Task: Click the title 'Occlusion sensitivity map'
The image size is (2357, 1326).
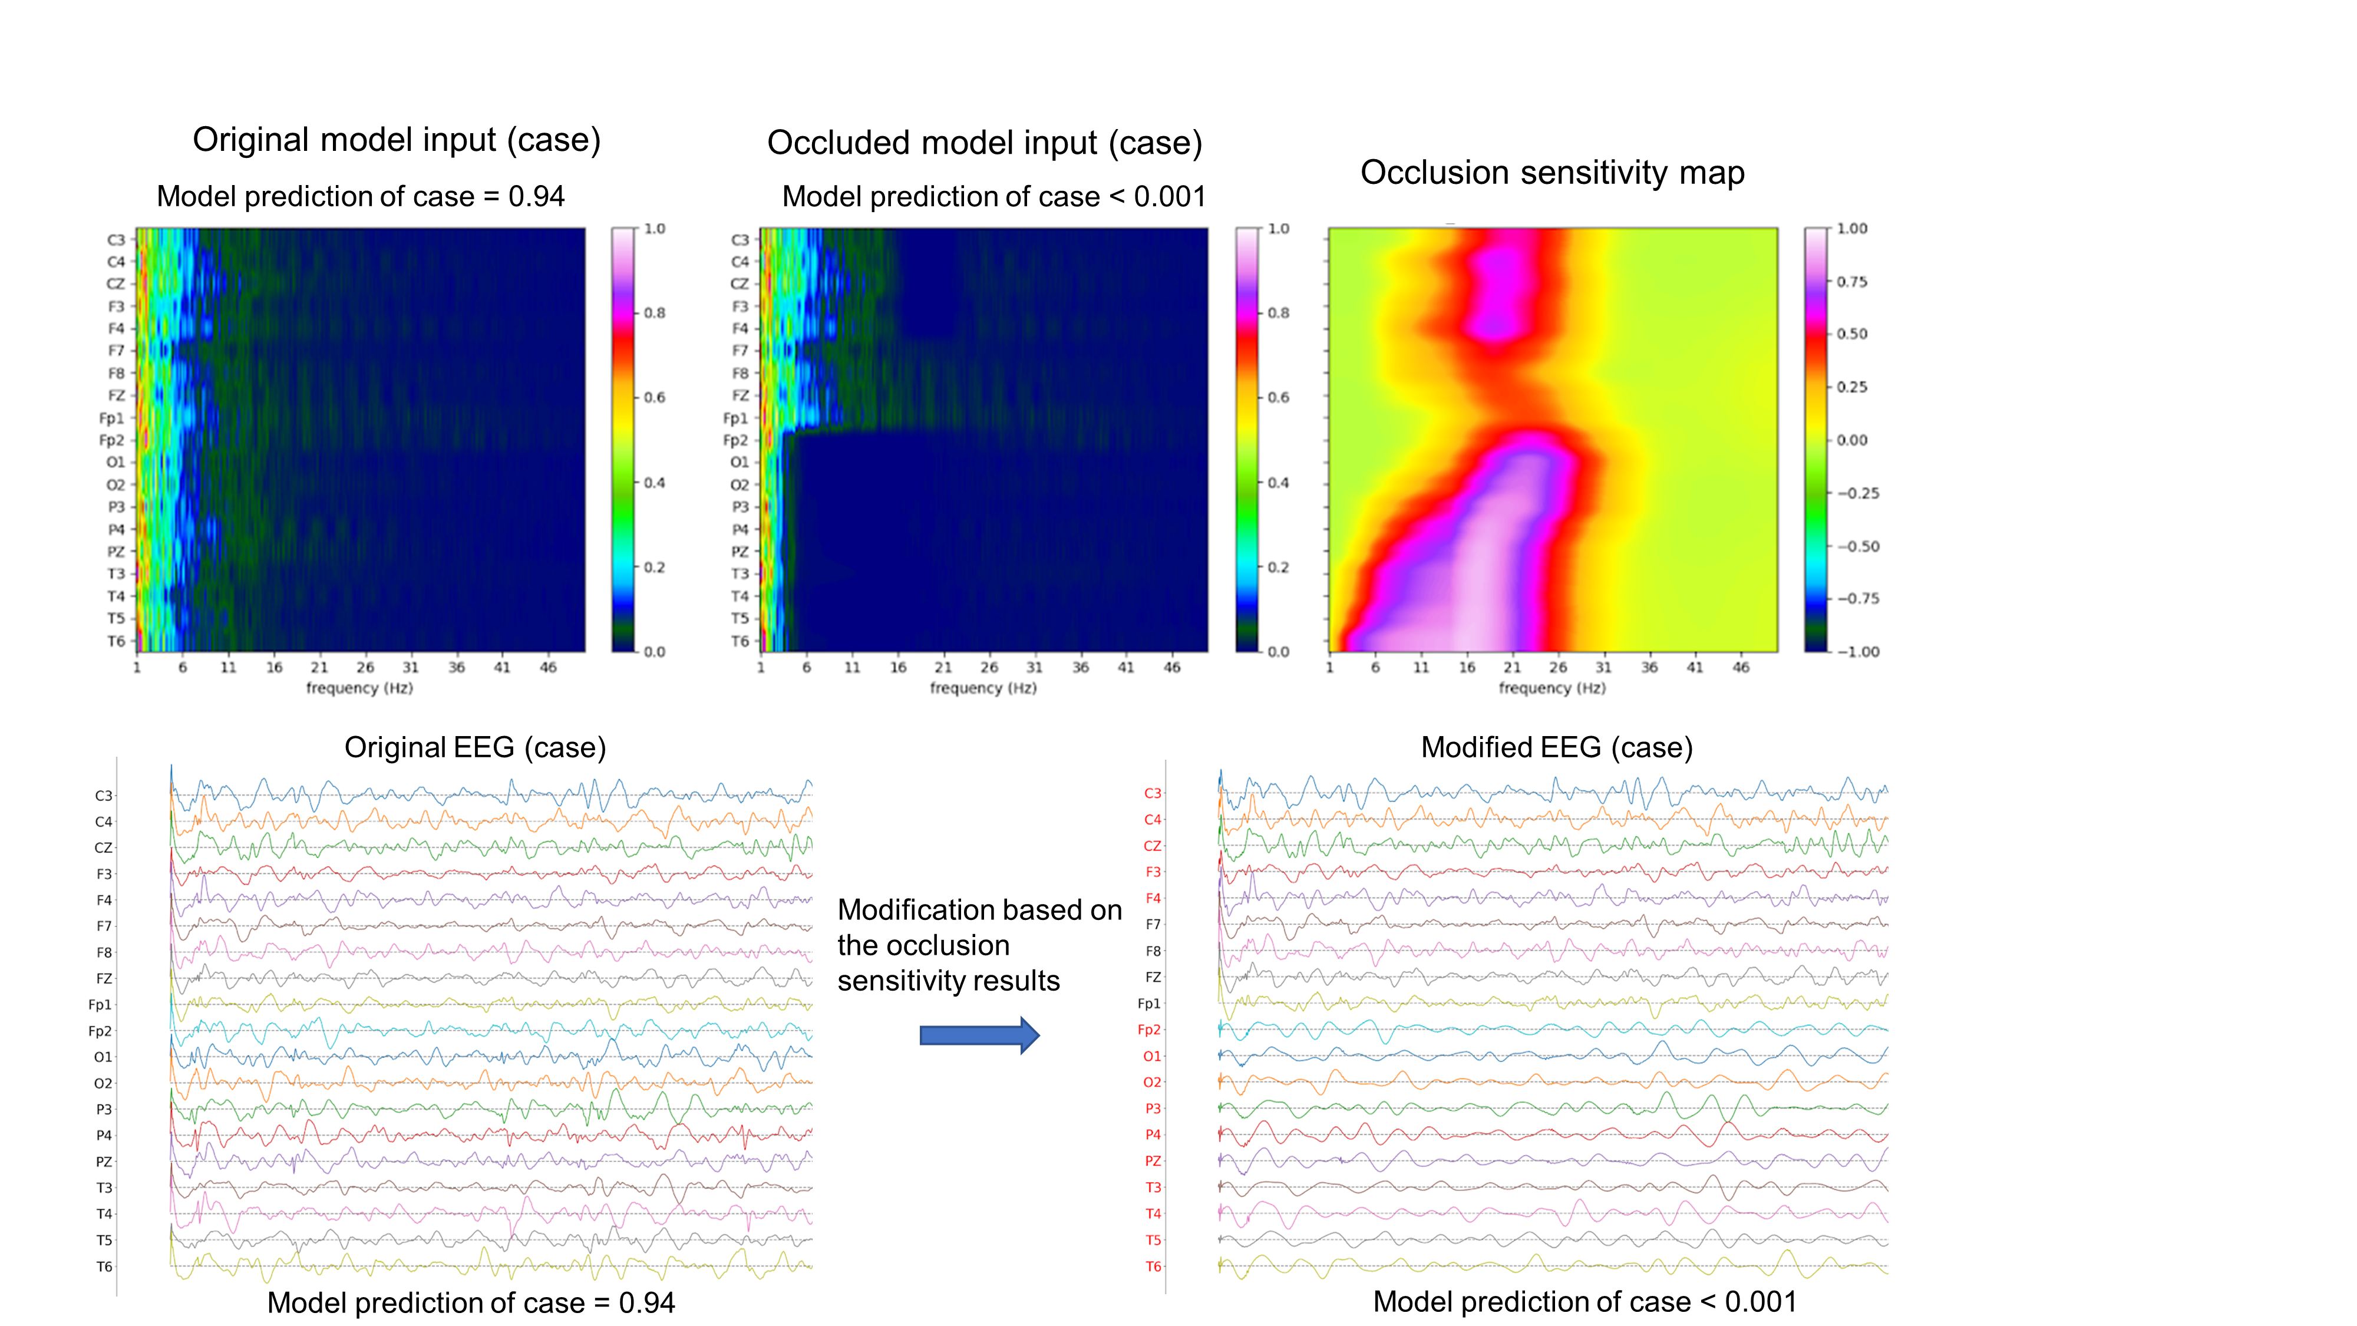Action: pos(1552,173)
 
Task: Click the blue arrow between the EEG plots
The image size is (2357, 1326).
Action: pos(978,1035)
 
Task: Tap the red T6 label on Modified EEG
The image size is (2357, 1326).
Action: pos(1153,1266)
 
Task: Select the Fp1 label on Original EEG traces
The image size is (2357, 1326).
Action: pos(100,1005)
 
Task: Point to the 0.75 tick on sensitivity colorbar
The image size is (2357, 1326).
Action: pos(1852,282)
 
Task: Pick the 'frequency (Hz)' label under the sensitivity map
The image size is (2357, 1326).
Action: pos(1552,688)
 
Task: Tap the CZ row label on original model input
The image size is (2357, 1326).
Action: pos(115,283)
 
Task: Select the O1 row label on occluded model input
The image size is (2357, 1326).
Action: pos(740,462)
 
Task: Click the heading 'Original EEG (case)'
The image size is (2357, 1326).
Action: pos(475,748)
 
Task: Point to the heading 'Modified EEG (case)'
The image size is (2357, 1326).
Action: pos(1556,748)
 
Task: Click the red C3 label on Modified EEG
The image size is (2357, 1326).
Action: pos(1153,793)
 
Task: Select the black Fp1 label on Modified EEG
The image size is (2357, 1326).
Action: pos(1149,1004)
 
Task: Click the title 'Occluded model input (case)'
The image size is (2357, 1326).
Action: pos(985,144)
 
